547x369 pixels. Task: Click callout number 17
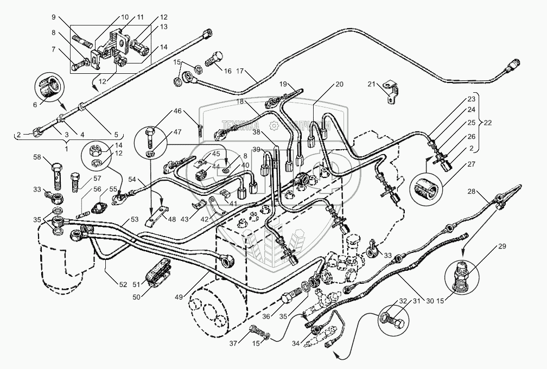point(240,71)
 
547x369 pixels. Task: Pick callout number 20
point(339,84)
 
